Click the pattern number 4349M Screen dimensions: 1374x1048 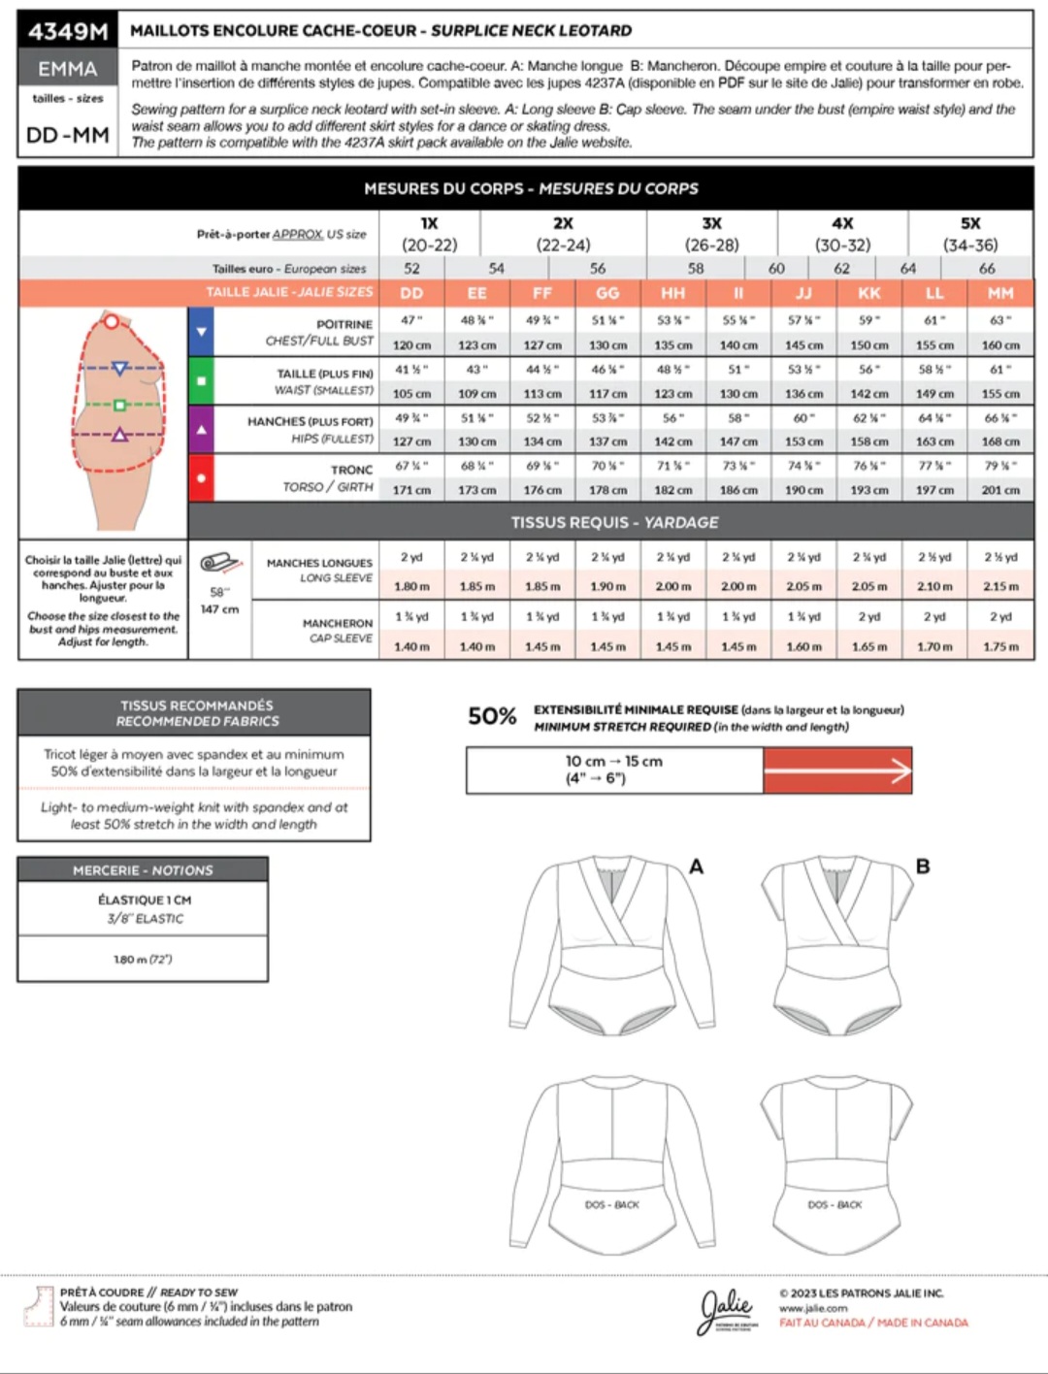[x=67, y=31]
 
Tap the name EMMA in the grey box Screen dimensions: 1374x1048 [x=67, y=69]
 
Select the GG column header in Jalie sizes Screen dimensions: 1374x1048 [x=607, y=293]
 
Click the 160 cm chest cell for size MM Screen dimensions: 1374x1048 [x=1000, y=344]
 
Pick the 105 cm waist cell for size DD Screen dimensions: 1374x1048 [x=411, y=393]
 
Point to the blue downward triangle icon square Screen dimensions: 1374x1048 [x=201, y=332]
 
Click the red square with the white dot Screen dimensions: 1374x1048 [x=201, y=477]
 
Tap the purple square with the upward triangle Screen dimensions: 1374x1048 [x=201, y=429]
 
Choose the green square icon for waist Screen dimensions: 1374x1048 [x=201, y=380]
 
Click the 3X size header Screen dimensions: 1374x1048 [x=711, y=223]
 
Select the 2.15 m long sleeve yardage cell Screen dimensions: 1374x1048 [x=1000, y=586]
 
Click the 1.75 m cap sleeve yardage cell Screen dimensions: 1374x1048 [x=1000, y=646]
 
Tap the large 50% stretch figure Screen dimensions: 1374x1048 [x=492, y=716]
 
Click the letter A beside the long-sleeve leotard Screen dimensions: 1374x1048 [x=696, y=867]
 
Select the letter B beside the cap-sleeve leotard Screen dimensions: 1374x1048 [x=923, y=866]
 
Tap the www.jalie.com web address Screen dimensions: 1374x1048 [x=813, y=1308]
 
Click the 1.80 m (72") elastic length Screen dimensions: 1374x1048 [x=143, y=960]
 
